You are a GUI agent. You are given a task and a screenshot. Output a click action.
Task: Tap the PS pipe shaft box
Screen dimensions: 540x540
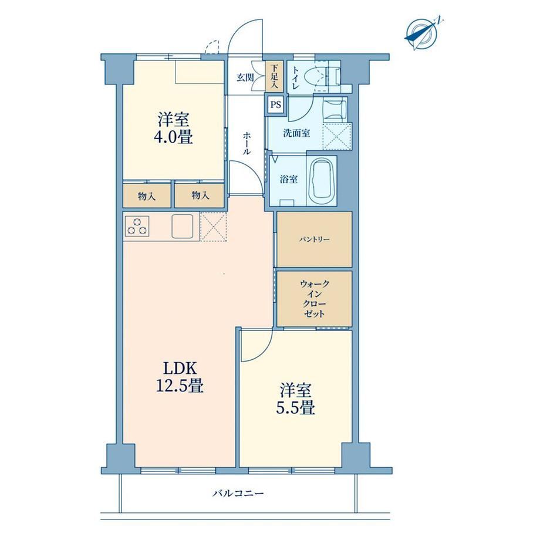click(275, 104)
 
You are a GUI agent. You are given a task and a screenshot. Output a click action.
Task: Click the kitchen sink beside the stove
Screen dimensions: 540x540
click(183, 226)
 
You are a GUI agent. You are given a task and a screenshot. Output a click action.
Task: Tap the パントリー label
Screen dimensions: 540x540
click(314, 239)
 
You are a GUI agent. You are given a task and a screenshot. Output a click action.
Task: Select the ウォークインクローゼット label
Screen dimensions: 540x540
click(315, 299)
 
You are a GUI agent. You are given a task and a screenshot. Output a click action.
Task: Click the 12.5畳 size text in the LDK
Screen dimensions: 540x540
click(180, 386)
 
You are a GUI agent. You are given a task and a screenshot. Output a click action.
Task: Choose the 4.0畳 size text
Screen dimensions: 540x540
click(174, 137)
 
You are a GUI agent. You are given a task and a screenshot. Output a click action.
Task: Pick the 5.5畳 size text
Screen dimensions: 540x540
click(295, 408)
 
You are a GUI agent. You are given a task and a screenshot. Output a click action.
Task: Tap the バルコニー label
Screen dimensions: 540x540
click(238, 494)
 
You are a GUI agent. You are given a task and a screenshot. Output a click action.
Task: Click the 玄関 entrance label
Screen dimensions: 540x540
click(245, 77)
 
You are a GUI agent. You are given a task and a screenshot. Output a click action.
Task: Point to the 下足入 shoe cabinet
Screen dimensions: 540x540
click(274, 76)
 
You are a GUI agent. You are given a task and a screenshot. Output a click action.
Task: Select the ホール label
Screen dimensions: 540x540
click(247, 143)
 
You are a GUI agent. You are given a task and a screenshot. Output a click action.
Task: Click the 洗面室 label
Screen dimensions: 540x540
click(296, 133)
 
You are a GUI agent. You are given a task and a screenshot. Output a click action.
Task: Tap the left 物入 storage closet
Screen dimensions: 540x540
click(147, 195)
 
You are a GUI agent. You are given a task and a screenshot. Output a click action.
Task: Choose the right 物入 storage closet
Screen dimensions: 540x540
click(200, 195)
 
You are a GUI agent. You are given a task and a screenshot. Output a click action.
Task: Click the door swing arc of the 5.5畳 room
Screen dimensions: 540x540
click(265, 352)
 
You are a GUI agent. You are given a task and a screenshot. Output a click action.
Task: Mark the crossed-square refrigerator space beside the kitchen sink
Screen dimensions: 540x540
click(213, 226)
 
